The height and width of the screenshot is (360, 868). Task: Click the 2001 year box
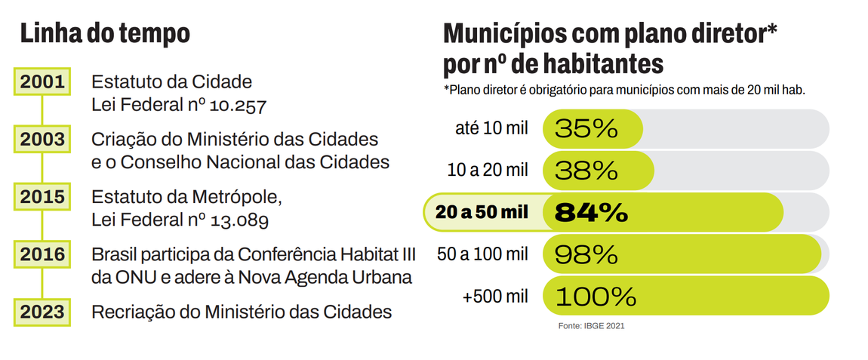click(x=42, y=83)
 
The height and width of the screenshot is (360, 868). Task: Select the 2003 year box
click(x=42, y=140)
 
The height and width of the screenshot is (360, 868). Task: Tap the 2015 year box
click(x=42, y=198)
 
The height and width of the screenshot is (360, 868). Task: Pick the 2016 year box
click(x=42, y=254)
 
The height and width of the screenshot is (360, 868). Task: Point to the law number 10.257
click(x=234, y=106)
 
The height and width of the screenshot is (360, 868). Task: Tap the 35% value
click(x=586, y=128)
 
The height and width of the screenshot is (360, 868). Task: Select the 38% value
click(x=586, y=171)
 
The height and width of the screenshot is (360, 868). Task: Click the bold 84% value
click(x=591, y=213)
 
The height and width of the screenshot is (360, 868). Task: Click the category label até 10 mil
click(x=491, y=128)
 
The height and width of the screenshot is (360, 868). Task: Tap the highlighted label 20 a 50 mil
click(x=482, y=213)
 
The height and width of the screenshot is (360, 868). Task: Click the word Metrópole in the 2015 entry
click(x=239, y=198)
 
